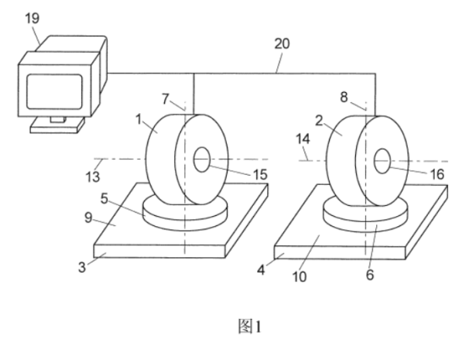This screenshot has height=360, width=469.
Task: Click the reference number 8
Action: (x=345, y=98)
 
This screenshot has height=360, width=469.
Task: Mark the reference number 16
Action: (x=437, y=175)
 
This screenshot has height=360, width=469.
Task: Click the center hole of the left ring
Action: (x=202, y=160)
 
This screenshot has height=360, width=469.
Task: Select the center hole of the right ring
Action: (x=382, y=161)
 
